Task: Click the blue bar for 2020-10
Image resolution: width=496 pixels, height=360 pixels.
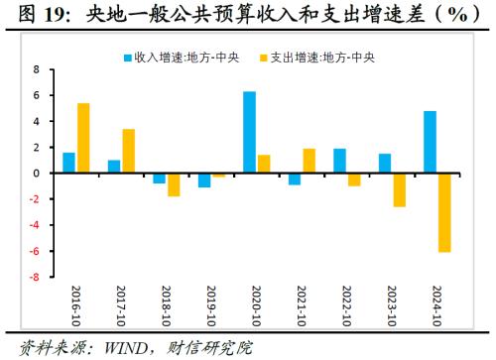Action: click(x=250, y=132)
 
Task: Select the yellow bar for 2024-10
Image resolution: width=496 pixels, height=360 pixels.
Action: click(x=444, y=212)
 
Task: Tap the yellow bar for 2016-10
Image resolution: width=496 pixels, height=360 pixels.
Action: click(x=83, y=138)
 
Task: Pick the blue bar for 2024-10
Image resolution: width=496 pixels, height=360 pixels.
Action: click(x=430, y=142)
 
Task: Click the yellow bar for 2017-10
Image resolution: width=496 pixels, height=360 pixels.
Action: click(x=129, y=151)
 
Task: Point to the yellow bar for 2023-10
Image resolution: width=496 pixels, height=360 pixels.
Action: click(x=399, y=189)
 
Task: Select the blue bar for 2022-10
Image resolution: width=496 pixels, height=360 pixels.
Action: click(x=339, y=161)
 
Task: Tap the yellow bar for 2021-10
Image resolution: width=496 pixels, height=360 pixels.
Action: click(x=309, y=161)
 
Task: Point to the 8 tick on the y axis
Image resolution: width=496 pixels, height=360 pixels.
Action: click(x=37, y=69)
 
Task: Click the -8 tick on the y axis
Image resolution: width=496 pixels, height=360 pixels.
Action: click(x=35, y=277)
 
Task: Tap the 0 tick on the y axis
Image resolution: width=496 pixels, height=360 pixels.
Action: click(x=37, y=174)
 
